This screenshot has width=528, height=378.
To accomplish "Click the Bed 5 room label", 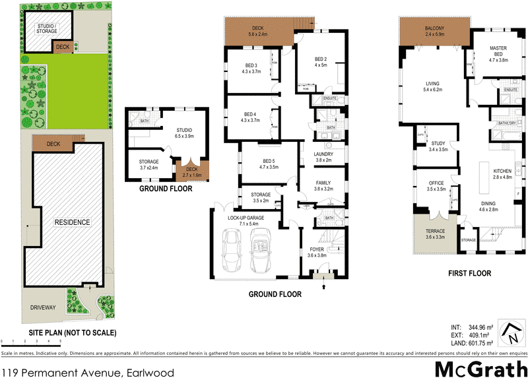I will [x=251, y=164].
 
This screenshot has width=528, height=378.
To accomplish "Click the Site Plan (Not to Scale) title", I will [x=73, y=332].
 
